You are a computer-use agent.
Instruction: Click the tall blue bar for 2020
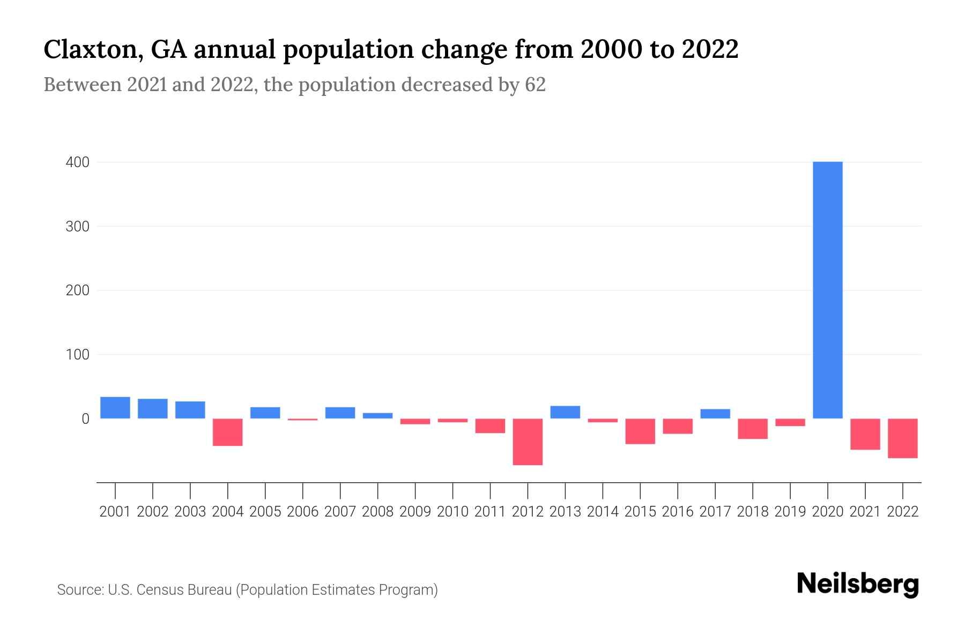point(827,290)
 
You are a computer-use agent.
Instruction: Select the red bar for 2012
point(528,442)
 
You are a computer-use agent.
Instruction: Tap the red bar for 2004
point(228,432)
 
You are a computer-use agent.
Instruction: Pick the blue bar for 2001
point(115,408)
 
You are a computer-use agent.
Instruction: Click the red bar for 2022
point(903,438)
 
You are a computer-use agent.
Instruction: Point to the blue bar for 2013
point(565,412)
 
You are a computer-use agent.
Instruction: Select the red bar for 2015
point(640,431)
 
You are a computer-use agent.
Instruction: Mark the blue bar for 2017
point(715,414)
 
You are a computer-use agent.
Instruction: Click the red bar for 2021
point(865,434)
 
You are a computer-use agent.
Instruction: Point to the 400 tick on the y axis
point(77,162)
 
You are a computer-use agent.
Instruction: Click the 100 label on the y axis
point(77,355)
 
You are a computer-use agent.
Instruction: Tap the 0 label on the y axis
point(85,419)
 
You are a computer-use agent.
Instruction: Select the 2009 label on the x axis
point(415,512)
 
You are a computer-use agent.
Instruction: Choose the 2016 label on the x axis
point(678,512)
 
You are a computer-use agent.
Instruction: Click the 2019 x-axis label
point(790,512)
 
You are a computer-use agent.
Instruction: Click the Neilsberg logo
point(858,585)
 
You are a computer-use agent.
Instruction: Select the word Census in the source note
point(159,590)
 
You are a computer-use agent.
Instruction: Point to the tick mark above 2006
point(303,490)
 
